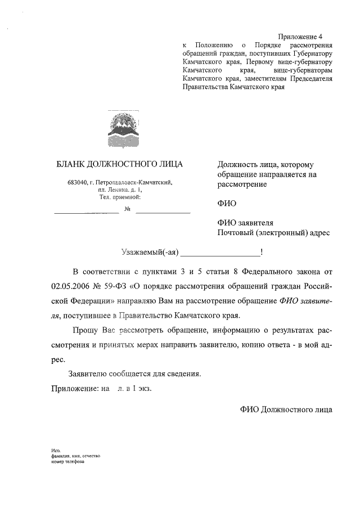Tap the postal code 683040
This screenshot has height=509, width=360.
coord(78,182)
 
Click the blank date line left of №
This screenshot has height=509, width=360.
coord(86,212)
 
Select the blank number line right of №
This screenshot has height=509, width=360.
coord(163,212)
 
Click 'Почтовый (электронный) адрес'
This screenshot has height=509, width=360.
coord(273,232)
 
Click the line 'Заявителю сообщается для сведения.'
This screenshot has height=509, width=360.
coord(134,373)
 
